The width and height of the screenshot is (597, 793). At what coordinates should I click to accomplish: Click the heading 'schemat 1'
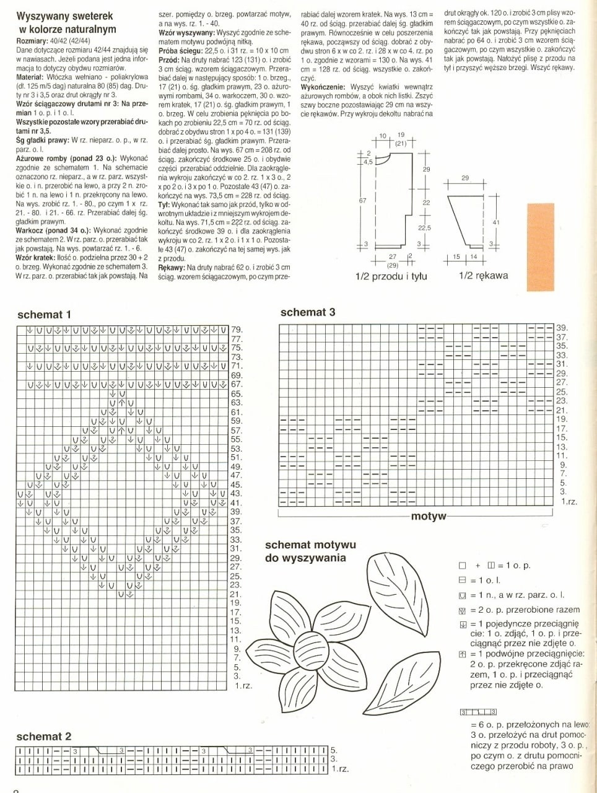pos(44,314)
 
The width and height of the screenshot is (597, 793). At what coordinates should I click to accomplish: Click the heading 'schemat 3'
pos(308,312)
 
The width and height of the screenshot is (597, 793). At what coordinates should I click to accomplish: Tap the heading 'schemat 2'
pos(44,737)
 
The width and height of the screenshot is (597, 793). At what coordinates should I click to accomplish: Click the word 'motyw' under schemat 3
pos(429,516)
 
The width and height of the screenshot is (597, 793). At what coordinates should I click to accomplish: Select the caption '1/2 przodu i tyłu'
pos(391,276)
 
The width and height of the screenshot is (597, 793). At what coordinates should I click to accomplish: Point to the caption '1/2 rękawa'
pos(483,276)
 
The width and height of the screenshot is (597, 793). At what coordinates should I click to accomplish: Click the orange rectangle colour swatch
pos(547,246)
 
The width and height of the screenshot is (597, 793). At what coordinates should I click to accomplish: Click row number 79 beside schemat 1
pos(237,330)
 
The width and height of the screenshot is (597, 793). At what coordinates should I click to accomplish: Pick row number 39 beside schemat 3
pos(561,328)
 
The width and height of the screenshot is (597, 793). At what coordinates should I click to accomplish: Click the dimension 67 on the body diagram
pos(363,201)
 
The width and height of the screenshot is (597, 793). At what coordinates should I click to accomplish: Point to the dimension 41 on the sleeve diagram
pos(495,221)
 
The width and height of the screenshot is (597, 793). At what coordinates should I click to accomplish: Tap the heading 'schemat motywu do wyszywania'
pos(310,551)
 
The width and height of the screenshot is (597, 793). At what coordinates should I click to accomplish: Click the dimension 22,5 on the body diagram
pos(424,228)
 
